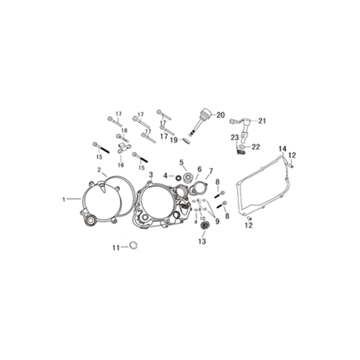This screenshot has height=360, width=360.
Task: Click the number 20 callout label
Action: (220, 115)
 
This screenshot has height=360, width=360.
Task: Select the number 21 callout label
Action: (262, 121)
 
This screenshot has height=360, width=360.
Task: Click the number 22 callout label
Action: (256, 147)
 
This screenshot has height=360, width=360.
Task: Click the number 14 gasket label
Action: (282, 148)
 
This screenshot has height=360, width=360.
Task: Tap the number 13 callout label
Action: (202, 241)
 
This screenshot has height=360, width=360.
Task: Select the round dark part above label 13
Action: (204, 226)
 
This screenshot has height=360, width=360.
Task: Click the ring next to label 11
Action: (133, 246)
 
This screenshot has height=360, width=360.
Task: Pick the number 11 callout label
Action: (116, 248)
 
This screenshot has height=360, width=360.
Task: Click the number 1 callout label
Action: (64, 199)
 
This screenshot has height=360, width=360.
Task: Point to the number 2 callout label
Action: (99, 170)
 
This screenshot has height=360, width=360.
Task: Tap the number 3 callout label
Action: (150, 174)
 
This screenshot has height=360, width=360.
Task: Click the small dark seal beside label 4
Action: (179, 178)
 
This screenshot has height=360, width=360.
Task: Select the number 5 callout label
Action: (181, 162)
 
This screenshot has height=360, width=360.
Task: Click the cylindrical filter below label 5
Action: (188, 177)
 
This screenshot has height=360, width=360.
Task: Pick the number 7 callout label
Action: (211, 171)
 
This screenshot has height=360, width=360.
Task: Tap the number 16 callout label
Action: (121, 165)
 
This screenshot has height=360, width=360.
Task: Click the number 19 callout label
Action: (174, 140)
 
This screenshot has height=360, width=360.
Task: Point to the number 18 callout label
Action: (125, 130)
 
